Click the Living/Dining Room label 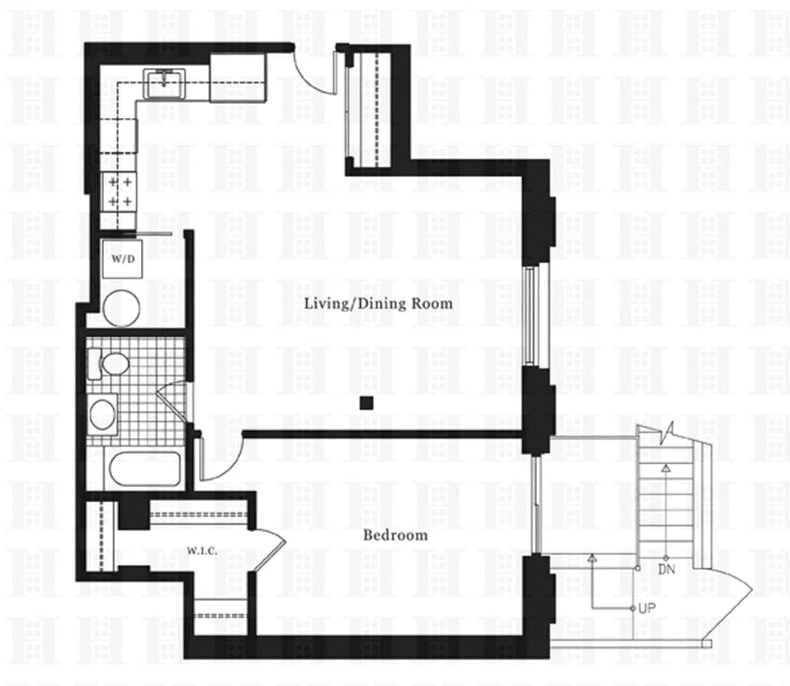point(379,303)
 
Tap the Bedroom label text point(396,535)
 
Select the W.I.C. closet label point(202,551)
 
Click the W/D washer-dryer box point(122,258)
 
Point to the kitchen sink point(164,84)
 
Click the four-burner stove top point(119,192)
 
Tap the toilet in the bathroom point(108,363)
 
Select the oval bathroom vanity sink point(103,415)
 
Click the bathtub point(145,469)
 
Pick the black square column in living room point(367,403)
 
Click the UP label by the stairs point(646,608)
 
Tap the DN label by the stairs point(666,569)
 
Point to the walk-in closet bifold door point(269,551)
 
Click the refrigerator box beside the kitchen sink point(238,78)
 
